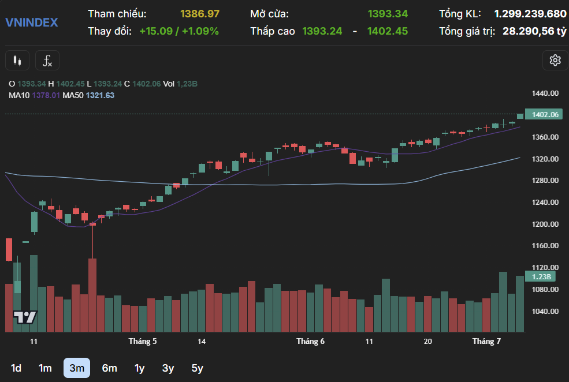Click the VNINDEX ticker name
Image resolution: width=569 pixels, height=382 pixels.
[31, 23]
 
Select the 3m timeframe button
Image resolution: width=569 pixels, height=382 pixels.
[77, 368]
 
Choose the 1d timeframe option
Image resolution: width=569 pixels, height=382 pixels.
[16, 368]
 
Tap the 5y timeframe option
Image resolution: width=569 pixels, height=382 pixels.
[197, 368]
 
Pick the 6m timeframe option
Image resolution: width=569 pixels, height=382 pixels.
[109, 368]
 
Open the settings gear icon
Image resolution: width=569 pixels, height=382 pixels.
[555, 60]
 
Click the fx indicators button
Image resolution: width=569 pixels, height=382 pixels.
[47, 60]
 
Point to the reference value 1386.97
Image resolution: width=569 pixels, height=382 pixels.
[200, 13]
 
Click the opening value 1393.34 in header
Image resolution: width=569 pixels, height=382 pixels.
[388, 13]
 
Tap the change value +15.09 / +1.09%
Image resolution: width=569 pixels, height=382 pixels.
[179, 31]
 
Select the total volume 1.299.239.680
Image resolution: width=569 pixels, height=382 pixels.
[530, 13]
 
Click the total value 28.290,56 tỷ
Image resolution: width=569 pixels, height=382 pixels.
[534, 31]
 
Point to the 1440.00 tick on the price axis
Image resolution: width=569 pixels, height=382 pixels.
[545, 93]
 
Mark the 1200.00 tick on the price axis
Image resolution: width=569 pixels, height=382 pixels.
[545, 224]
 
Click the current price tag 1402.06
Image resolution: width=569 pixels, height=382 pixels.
[545, 115]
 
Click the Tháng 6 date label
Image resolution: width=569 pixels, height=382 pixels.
[310, 341]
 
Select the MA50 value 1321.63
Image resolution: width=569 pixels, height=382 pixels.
[100, 95]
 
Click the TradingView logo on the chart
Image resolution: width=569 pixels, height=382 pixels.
[25, 317]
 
